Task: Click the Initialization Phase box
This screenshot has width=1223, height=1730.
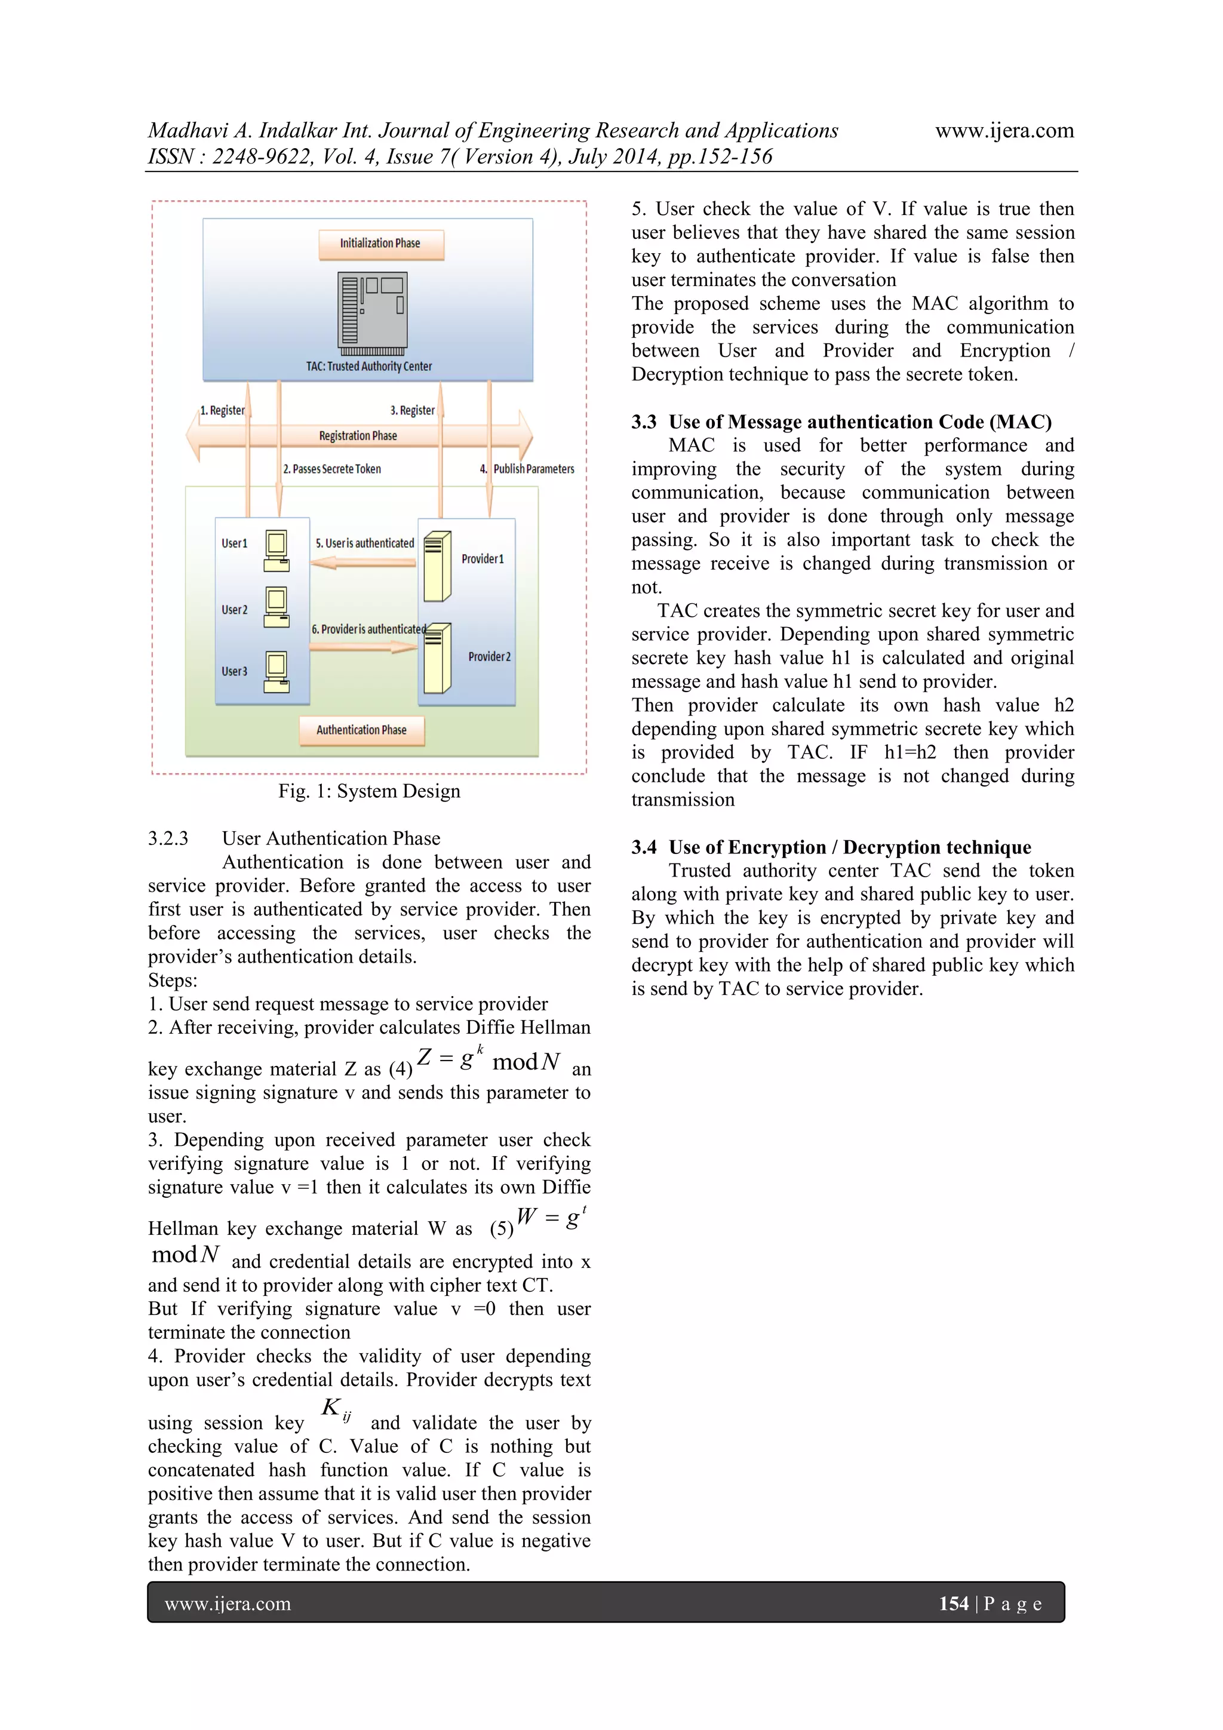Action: (x=380, y=244)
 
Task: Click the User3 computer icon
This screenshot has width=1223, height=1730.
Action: (x=276, y=672)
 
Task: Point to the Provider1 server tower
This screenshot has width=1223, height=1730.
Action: (x=437, y=566)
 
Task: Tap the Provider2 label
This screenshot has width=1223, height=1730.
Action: (x=489, y=657)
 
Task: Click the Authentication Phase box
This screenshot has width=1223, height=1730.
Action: (x=362, y=730)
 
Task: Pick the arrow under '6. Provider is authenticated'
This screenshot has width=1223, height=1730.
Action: (x=363, y=647)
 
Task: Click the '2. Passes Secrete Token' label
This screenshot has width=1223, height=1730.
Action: (x=331, y=469)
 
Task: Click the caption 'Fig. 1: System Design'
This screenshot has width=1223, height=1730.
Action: (x=368, y=791)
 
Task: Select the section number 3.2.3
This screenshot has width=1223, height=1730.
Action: (x=168, y=838)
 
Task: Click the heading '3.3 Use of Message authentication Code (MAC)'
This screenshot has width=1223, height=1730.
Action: (x=841, y=422)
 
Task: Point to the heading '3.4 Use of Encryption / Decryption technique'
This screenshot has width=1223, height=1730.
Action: (x=831, y=847)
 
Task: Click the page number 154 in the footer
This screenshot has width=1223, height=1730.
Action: (x=953, y=1603)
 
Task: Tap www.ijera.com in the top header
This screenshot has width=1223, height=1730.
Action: (x=1004, y=130)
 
